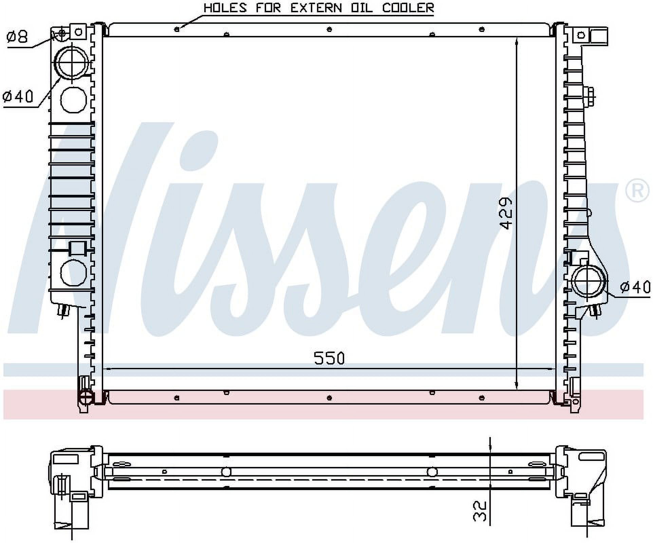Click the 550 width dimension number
329,358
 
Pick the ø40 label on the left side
18,96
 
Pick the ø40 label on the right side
635,287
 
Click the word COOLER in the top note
408,7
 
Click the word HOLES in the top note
225,7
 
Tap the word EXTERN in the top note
316,7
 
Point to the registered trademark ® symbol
637,191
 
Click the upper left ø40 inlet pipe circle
72,63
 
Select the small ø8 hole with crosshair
62,33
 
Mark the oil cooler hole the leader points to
176,29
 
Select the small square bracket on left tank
78,248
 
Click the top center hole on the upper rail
329,29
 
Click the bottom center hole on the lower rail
329,397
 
